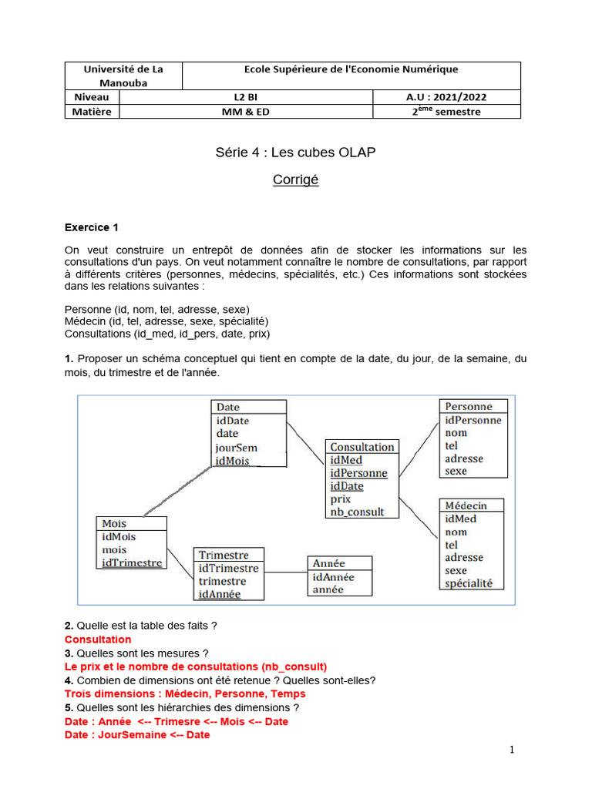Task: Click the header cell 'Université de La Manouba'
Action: (x=123, y=75)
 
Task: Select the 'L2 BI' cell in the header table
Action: (x=246, y=97)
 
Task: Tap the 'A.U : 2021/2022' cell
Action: (x=446, y=97)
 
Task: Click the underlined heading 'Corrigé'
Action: (x=295, y=180)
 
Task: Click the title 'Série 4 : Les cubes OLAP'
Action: (x=295, y=153)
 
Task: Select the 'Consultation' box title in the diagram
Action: (x=362, y=447)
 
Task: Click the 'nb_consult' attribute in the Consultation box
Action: (x=357, y=512)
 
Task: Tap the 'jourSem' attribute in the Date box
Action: (x=237, y=448)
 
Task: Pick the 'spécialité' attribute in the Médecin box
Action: (x=469, y=583)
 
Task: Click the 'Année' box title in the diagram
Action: (x=328, y=564)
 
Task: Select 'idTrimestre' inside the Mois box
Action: (x=132, y=562)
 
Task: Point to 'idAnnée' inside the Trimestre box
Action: (x=220, y=594)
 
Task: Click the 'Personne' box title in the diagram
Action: (x=468, y=406)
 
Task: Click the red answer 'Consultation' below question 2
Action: (x=98, y=640)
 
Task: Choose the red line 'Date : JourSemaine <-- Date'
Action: (x=137, y=735)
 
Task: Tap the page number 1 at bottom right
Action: (x=512, y=750)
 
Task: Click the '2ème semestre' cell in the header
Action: (x=446, y=112)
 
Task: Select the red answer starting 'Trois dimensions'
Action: (x=185, y=693)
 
